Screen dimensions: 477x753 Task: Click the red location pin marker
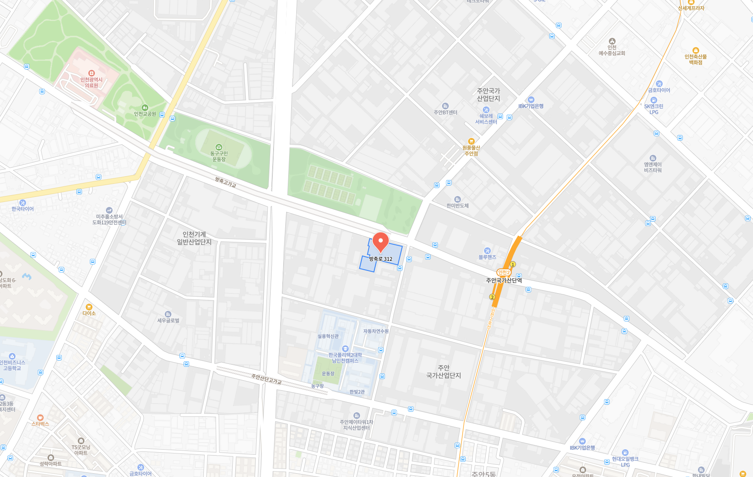coord(381,242)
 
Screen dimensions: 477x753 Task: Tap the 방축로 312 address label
coord(381,259)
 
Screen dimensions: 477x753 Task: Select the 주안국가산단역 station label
coord(504,281)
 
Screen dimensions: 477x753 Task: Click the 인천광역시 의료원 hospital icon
coord(92,73)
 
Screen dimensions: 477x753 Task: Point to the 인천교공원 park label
coord(145,114)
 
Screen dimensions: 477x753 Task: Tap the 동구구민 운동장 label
coord(219,156)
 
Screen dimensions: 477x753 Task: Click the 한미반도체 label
coord(458,206)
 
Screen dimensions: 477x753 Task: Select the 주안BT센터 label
coord(445,112)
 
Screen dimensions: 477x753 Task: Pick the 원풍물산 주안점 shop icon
coord(471,141)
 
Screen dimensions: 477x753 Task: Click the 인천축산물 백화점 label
coord(695,60)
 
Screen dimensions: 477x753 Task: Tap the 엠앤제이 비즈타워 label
coord(653,167)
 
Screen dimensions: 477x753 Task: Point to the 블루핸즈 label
coord(487,257)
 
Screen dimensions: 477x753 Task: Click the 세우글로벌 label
coord(168,321)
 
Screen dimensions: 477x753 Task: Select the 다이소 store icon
coord(89,307)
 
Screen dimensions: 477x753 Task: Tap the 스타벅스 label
coord(40,424)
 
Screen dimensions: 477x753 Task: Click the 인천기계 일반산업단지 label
coord(194,238)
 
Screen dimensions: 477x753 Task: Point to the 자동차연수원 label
coord(376,331)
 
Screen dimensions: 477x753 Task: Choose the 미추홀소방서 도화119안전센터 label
coord(109,220)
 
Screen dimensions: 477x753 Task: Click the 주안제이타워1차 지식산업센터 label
coord(356,425)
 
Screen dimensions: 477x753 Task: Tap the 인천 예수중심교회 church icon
coord(612,41)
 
